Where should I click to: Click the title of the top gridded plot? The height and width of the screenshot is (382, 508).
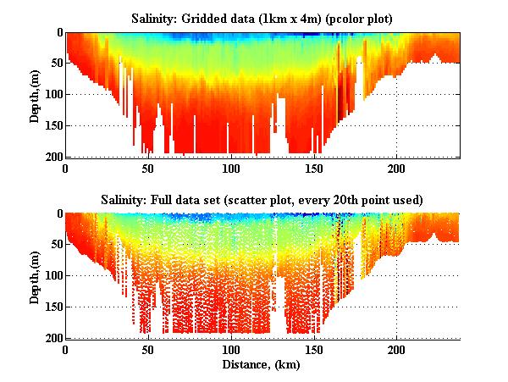[x=262, y=18]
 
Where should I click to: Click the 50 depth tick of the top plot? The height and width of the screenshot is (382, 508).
[x=53, y=64]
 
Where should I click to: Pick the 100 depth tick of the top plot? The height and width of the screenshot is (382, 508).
[x=51, y=94]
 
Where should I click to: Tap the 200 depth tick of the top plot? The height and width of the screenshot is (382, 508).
[x=51, y=157]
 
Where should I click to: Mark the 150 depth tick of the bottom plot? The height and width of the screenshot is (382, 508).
[x=51, y=307]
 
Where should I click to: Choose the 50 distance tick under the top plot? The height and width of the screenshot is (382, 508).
[x=148, y=168]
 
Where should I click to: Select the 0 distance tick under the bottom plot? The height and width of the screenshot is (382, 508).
[x=66, y=349]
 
